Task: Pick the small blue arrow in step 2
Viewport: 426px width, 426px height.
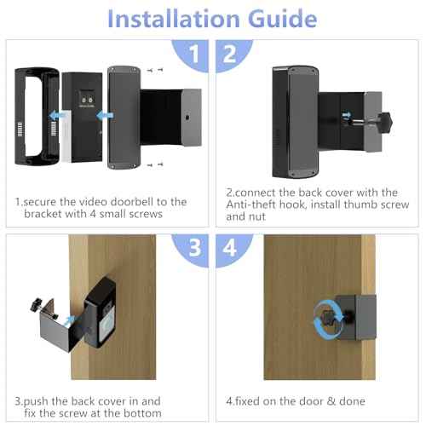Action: click(346, 112)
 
